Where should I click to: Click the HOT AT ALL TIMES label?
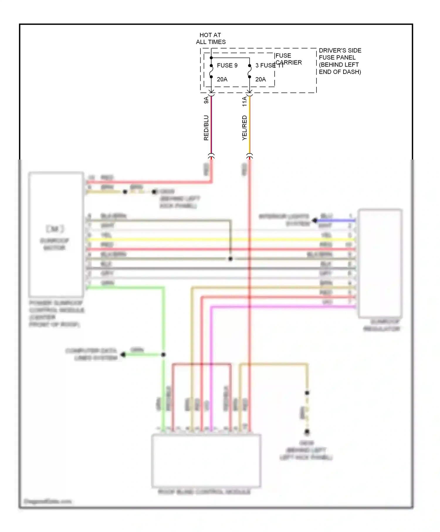(x=211, y=38)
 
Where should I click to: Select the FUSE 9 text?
(x=227, y=65)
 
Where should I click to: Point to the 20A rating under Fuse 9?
(x=222, y=79)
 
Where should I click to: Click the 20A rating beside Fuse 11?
(x=260, y=79)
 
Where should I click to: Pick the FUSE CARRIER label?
(x=288, y=59)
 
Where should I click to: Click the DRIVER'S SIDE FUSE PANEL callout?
(x=340, y=61)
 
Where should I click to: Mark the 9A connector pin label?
(x=206, y=100)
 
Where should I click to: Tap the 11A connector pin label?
(x=245, y=101)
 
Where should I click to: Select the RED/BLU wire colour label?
(x=206, y=128)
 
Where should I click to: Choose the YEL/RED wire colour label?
(x=245, y=128)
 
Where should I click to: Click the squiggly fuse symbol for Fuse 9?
(x=211, y=71)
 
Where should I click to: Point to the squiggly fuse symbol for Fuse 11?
(x=250, y=71)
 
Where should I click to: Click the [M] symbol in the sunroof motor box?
(x=55, y=229)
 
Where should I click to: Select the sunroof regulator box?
(x=380, y=263)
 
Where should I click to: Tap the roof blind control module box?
(x=206, y=460)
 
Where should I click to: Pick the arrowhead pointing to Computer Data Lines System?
(x=123, y=355)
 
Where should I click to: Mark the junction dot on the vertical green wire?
(x=163, y=355)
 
